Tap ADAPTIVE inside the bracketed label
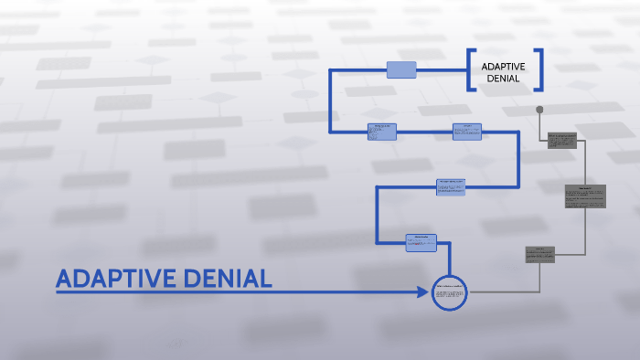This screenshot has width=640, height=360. (x=503, y=66)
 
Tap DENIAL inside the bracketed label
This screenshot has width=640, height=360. (x=503, y=79)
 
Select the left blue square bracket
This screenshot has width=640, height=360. (x=471, y=69)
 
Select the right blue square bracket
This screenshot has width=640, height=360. (x=539, y=69)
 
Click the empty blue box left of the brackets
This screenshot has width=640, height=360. (x=401, y=69)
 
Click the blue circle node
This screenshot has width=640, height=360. (x=449, y=292)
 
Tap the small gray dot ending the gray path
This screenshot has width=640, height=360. (x=539, y=110)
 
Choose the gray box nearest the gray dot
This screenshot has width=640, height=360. (x=562, y=140)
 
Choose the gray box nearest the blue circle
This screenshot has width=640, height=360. (x=539, y=254)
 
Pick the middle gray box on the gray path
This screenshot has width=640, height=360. (x=585, y=196)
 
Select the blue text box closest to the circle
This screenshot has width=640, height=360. (x=421, y=242)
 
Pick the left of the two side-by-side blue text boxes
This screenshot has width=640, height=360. (x=382, y=132)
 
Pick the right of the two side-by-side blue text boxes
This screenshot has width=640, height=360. (x=466, y=132)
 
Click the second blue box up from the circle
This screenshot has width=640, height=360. (x=450, y=186)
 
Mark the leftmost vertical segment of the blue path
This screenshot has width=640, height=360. (x=331, y=101)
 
